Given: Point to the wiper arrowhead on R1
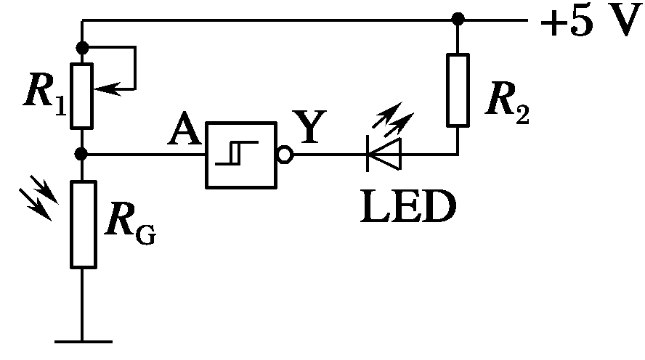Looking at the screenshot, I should click(x=102, y=89).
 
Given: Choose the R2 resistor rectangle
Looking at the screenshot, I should click(x=458, y=89).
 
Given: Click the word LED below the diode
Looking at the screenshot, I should click(x=407, y=207).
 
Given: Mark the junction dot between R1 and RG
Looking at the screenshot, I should click(x=82, y=155).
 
